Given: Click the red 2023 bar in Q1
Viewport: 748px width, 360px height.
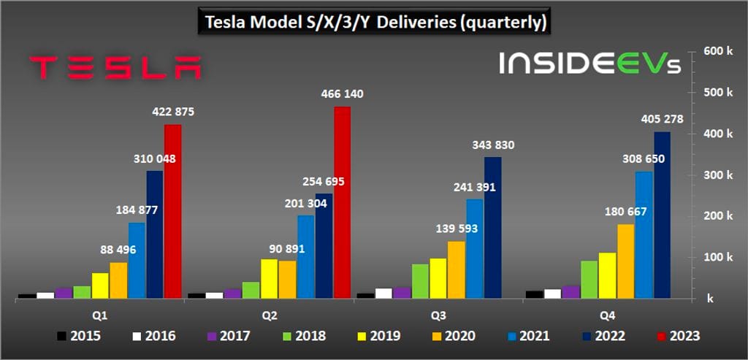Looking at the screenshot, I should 172,212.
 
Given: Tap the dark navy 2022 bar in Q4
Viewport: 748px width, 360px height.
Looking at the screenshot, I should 662,215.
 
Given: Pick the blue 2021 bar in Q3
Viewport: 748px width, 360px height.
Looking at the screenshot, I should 475,248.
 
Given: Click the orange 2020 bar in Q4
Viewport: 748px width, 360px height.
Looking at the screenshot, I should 625,261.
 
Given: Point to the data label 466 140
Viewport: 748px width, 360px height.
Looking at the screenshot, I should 342,94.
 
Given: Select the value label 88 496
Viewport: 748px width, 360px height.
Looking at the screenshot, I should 118,250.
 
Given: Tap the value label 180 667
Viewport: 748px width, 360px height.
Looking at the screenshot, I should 625,212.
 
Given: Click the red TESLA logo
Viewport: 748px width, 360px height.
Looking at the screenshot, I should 115,67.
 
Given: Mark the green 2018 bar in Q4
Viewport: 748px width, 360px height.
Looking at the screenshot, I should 589,280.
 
